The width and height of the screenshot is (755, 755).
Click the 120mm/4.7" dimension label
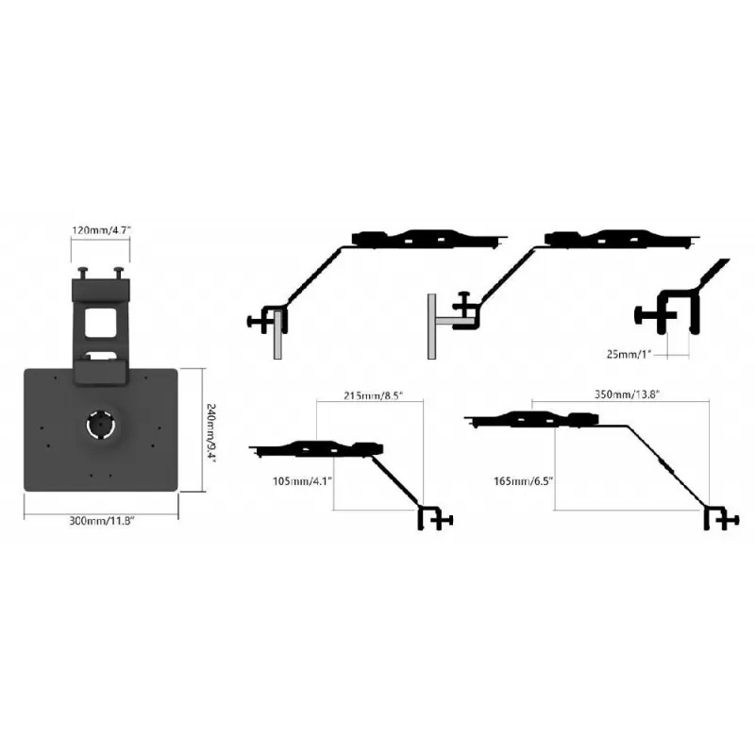coord(101,230)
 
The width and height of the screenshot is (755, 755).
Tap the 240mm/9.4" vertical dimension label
coord(210,432)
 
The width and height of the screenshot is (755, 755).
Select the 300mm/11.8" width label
coord(101,521)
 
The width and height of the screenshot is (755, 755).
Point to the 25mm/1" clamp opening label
coord(629,355)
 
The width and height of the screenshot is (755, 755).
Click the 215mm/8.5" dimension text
coord(373,395)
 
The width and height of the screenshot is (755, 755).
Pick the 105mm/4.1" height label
coord(302,481)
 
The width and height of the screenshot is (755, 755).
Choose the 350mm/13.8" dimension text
coord(627,394)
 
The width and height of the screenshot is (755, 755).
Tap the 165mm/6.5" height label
coord(524,481)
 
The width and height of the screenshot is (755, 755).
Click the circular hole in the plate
coord(100,426)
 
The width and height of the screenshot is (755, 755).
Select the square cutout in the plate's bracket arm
coord(101,322)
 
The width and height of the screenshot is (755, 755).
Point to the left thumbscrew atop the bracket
coord(84,273)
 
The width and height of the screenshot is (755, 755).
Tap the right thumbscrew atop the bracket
coord(119,273)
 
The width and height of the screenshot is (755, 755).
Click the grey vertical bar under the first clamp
coord(277,335)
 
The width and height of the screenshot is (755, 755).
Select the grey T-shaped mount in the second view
coord(445,327)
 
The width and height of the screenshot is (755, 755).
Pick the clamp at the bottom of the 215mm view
coord(435,518)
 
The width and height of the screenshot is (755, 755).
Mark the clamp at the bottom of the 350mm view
coord(721,518)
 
